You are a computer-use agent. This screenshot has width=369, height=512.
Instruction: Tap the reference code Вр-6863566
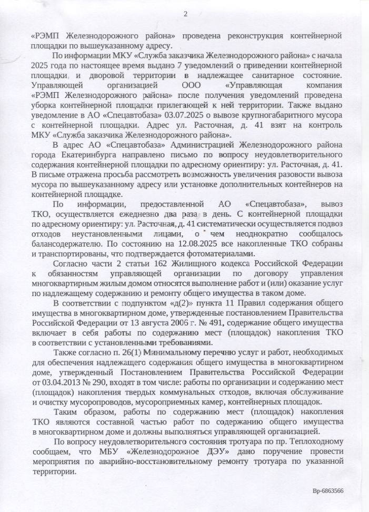pyautogui.click(x=327, y=490)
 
